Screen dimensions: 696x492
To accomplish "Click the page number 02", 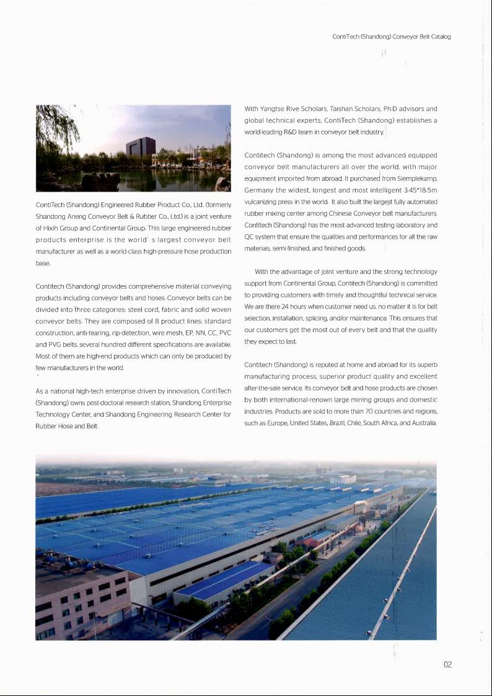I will pos(447,664).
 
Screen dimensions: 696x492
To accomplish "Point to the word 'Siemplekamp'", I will pos(417,178).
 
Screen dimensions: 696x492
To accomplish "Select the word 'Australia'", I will pos(421,423).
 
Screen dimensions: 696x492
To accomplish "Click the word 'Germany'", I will pos(259,190).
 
